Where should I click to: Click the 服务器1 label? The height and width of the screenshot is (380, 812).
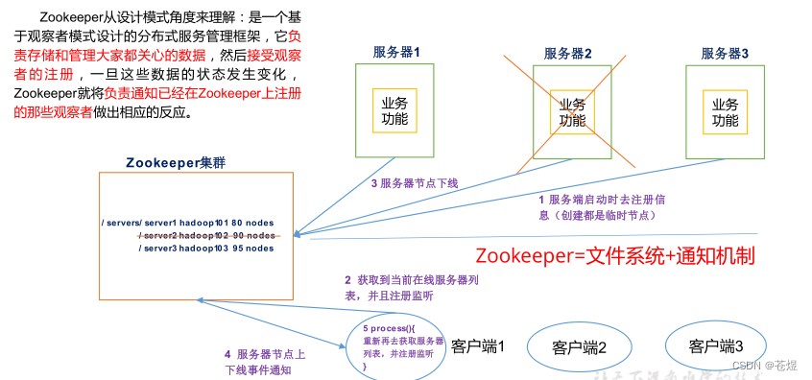396,53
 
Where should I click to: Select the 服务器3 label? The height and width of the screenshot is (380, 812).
725,53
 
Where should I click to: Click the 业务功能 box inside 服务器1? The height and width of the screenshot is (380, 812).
394,111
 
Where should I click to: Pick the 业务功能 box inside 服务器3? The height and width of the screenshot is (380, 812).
725,112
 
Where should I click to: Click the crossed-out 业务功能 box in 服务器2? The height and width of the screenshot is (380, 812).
572,112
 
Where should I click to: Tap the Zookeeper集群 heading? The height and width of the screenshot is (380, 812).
177,162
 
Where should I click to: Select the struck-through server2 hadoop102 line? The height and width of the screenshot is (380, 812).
206,235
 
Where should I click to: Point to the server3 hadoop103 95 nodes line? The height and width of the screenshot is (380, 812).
206,248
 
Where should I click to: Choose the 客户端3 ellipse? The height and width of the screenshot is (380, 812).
715,345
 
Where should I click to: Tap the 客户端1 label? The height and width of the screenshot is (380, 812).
477,344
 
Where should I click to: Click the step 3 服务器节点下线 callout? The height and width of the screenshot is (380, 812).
415,182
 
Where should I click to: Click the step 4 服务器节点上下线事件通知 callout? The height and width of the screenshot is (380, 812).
264,361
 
